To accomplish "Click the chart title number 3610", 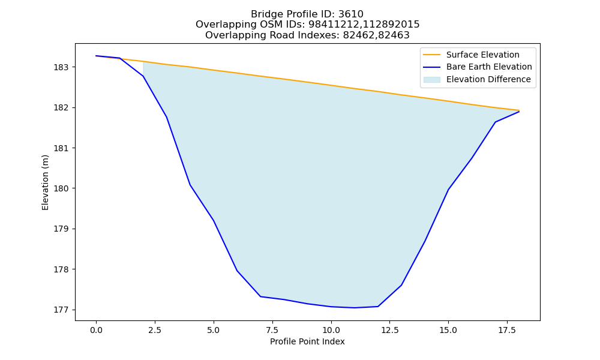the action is [350, 14].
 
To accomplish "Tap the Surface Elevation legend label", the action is [482, 55].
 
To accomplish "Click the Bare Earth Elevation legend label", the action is [489, 67].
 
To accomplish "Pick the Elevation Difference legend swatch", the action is [431, 80].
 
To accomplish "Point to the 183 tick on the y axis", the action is [60, 67].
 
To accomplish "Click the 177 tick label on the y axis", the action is [60, 310].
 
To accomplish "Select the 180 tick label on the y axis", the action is [60, 188].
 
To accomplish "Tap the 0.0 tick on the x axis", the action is [96, 330].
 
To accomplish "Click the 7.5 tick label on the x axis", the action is [272, 330].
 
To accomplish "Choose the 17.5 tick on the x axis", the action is [507, 330].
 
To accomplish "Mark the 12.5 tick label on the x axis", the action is [389, 330].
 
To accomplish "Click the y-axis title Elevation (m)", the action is [45, 182].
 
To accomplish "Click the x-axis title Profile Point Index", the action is [307, 341].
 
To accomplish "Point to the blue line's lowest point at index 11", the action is [355, 308].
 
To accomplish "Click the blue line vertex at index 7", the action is [260, 296].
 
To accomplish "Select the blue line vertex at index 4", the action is [190, 185].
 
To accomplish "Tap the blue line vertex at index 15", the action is [448, 190].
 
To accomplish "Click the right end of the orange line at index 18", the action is [519, 110].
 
